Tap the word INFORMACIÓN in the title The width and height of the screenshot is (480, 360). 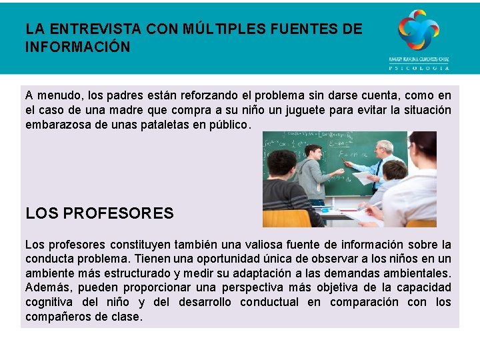(77, 47)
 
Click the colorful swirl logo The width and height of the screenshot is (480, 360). (419, 29)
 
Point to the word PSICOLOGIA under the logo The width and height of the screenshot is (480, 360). (419, 67)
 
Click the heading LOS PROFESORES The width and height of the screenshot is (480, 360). (99, 214)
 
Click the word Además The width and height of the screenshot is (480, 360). (48, 288)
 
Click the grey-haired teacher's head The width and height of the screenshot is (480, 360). (384, 148)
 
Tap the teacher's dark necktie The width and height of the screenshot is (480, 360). (379, 170)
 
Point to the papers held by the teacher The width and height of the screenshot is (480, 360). (363, 178)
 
